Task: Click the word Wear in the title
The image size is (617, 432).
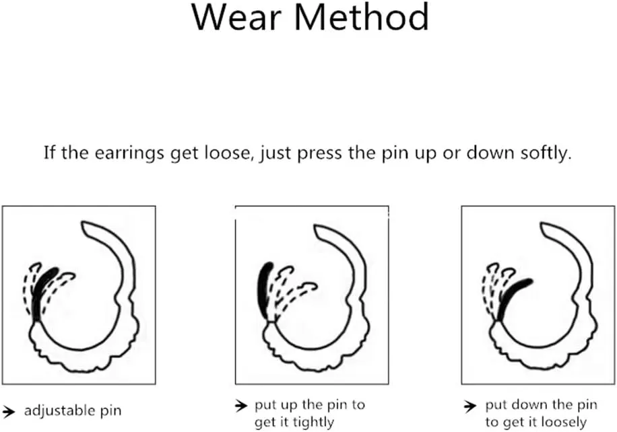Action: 236,17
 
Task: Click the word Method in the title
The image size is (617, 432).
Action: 362,17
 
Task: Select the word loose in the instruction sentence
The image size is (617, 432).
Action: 228,153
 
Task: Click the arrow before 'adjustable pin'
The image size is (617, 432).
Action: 8,411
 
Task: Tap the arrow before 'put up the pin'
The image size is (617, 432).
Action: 241,405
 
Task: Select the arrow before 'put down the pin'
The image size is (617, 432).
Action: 470,406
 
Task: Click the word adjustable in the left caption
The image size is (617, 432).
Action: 60,411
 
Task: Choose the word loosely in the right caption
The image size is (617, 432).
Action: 564,423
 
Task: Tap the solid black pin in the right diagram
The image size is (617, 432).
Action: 513,298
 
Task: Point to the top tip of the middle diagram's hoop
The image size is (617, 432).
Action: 316,226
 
